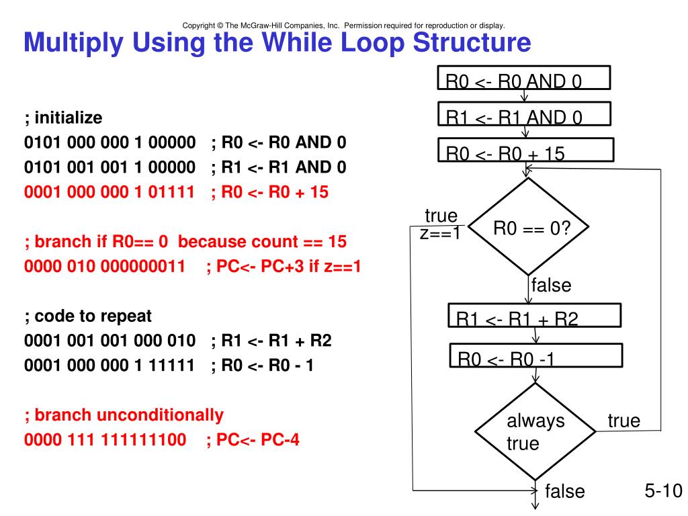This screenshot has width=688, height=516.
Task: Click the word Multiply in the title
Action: [73, 43]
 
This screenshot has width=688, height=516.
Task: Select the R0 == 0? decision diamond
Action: [529, 228]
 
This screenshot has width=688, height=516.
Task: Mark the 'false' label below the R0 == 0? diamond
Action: [550, 285]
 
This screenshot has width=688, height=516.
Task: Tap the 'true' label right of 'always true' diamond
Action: [623, 421]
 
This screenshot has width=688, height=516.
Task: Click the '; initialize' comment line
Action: [63, 118]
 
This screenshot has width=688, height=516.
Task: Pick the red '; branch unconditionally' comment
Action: [124, 415]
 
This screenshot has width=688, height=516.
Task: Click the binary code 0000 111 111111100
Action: [105, 441]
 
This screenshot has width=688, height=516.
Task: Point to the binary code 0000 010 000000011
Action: [104, 267]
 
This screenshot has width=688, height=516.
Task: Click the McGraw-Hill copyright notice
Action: [343, 26]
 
